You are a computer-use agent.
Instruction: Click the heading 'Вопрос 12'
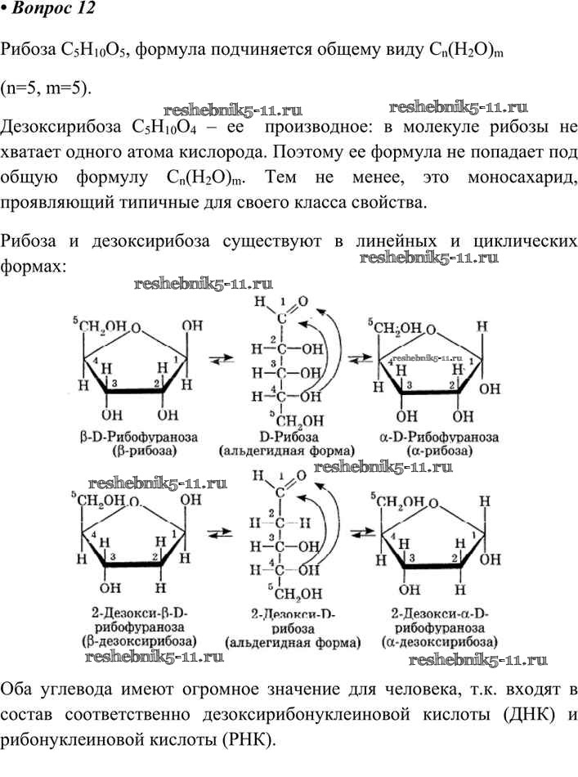pyautogui.click(x=53, y=9)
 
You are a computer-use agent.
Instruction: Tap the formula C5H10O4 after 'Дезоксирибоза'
pyautogui.click(x=164, y=128)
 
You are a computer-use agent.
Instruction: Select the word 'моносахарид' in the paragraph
pyautogui.click(x=522, y=177)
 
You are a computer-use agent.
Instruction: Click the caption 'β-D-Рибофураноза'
pyautogui.click(x=139, y=437)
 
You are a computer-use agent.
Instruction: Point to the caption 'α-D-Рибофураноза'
pyautogui.click(x=439, y=437)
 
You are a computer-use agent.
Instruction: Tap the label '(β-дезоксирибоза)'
pyautogui.click(x=139, y=640)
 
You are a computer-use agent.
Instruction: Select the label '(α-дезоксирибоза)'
pyautogui.click(x=439, y=642)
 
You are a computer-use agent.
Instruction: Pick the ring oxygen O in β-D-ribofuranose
pyautogui.click(x=136, y=327)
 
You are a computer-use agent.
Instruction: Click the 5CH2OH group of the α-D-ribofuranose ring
pyautogui.click(x=395, y=328)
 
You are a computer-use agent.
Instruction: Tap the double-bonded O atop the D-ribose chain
pyautogui.click(x=303, y=301)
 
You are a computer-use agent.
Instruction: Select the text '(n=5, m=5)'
pyautogui.click(x=46, y=88)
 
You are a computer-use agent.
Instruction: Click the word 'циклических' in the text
pyautogui.click(x=525, y=241)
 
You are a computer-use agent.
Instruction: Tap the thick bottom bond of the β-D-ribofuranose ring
pyautogui.click(x=135, y=392)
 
